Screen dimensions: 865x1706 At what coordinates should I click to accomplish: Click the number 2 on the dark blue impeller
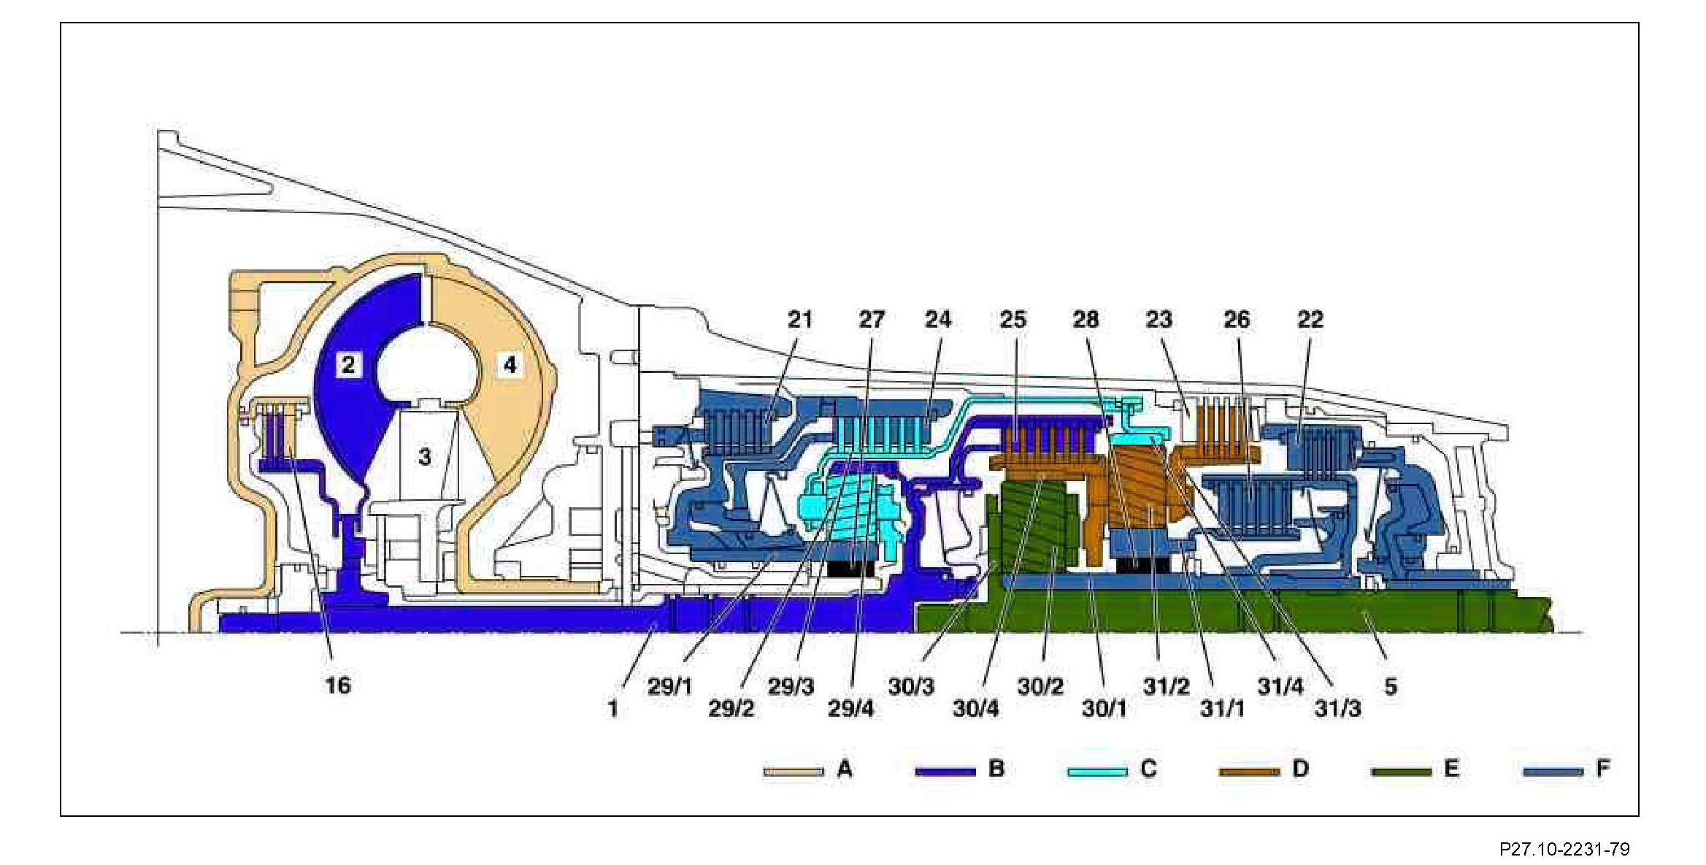pos(348,364)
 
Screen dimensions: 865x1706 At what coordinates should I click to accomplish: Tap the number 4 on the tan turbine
pos(510,364)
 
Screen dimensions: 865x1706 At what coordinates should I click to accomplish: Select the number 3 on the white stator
pos(424,457)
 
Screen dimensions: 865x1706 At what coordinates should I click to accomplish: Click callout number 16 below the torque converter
pos(338,685)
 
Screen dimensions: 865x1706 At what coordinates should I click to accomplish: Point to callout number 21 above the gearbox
pos(800,319)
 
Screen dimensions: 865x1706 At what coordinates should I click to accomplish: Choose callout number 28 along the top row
pos(1086,319)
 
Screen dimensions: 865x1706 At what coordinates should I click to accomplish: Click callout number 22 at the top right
pos(1310,319)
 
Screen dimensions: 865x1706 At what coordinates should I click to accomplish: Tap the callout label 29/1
pos(669,686)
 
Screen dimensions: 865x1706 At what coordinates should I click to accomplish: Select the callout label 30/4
pos(975,708)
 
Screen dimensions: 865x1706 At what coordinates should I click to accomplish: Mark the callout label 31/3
pos(1337,708)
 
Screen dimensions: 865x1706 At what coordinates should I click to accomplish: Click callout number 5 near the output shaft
pos(1391,686)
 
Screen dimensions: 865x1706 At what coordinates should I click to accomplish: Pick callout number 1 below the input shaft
pos(613,708)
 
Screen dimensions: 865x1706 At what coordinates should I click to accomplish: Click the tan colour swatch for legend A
pos(794,771)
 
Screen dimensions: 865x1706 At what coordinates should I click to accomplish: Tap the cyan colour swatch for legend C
pos(1097,771)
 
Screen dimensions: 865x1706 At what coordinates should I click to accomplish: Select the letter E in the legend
pos(1451,769)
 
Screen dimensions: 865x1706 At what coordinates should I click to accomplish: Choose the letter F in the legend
pos(1603,769)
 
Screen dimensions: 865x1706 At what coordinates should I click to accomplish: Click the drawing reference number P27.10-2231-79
pos(1564,849)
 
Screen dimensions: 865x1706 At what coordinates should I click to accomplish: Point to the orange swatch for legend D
pos(1249,771)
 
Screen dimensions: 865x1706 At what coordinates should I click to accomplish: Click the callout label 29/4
pos(850,708)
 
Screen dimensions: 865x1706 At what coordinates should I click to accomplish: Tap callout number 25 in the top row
pos(1013,319)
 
